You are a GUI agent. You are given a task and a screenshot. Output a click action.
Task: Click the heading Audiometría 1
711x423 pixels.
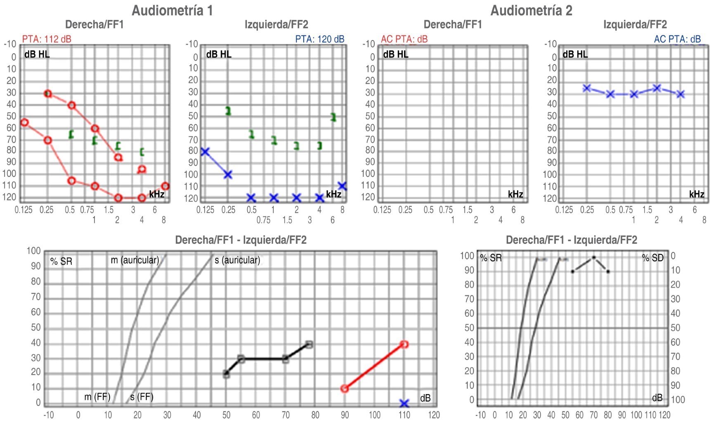(172, 10)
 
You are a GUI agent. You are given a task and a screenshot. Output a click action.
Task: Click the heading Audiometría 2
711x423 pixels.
(531, 10)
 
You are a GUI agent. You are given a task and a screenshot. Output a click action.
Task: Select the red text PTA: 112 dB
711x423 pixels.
(47, 39)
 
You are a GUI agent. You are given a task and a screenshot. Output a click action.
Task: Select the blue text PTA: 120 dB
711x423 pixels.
(319, 39)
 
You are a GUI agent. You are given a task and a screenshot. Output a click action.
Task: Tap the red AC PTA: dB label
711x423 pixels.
(404, 39)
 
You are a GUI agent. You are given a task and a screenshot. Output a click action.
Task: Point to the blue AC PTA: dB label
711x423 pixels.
(677, 39)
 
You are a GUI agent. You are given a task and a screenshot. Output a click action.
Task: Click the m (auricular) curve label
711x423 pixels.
(135, 260)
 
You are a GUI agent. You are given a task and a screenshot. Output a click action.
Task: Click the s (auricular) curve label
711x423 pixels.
(237, 260)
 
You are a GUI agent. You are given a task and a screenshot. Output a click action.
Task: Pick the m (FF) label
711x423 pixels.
(97, 397)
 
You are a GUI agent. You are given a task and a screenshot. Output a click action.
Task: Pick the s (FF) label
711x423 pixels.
(142, 397)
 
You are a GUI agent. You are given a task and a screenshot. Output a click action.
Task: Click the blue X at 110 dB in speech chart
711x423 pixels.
(404, 403)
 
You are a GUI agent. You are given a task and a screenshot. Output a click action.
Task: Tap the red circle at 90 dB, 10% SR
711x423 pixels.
(345, 388)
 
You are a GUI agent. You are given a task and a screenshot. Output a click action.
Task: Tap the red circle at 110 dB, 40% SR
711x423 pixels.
(404, 344)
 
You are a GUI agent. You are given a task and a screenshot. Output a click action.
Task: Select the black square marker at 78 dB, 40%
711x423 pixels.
(309, 344)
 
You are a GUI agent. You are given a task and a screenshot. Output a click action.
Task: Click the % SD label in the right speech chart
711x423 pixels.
(652, 258)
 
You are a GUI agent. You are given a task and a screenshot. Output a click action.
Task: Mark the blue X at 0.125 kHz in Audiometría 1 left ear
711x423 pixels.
(205, 152)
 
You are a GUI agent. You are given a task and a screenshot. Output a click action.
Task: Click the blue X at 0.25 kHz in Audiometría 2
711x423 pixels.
(586, 88)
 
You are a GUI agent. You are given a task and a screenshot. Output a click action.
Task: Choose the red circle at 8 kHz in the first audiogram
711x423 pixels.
(165, 186)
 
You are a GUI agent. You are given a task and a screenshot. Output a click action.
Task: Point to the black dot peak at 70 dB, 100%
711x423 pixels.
(594, 257)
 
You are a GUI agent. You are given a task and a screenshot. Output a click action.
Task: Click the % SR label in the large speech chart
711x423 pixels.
(61, 261)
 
